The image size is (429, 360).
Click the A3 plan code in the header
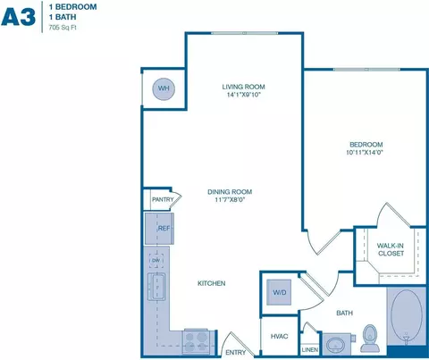pos(19,17)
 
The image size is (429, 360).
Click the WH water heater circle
pos(164,88)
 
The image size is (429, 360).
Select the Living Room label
pos(244,87)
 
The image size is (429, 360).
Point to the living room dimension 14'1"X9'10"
pos(244,96)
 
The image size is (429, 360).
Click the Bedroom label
pos(366,145)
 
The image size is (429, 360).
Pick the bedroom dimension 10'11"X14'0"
pos(366,154)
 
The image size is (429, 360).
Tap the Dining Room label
pos(231,191)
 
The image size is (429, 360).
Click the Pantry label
pos(162,200)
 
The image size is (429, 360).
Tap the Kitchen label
pos(212,283)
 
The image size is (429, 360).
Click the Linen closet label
pos(309,349)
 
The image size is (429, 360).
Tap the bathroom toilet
pos(371,338)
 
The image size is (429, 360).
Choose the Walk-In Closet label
pos(391,249)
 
